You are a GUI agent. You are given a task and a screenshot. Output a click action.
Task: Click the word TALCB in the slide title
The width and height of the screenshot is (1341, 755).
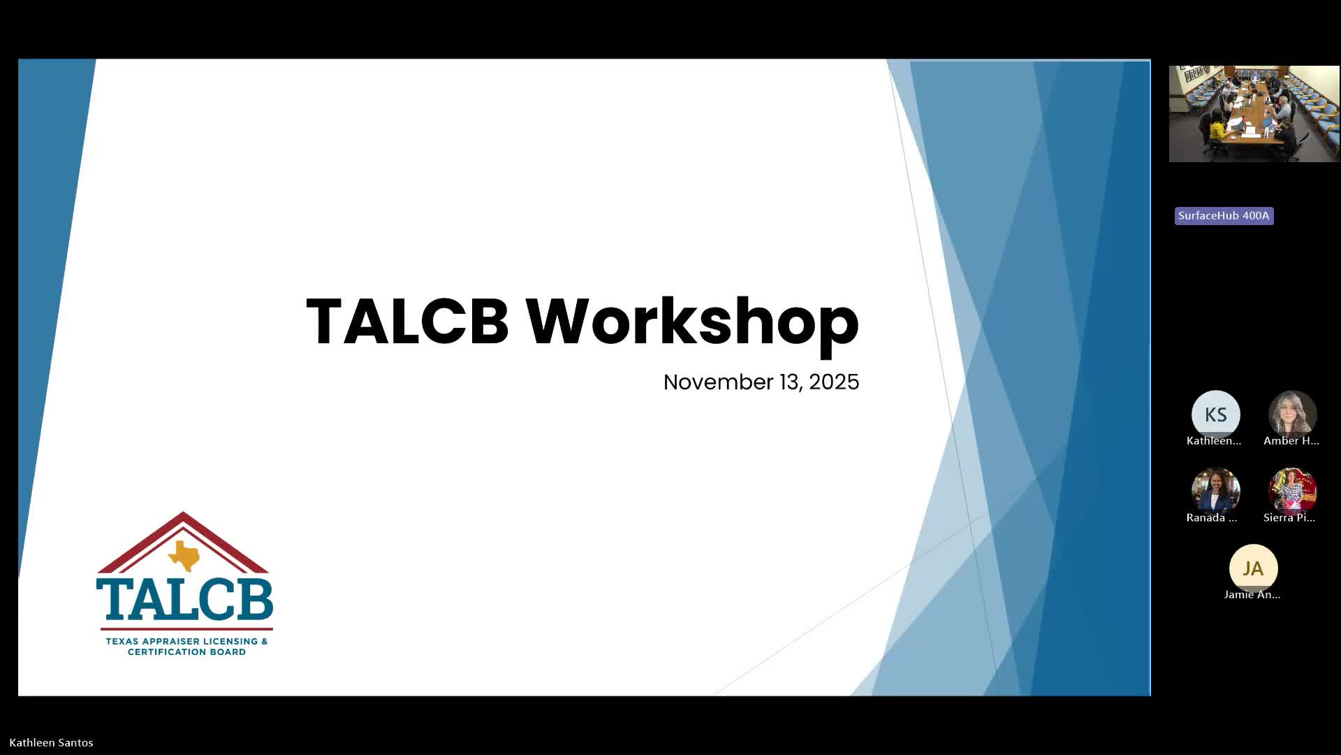407,321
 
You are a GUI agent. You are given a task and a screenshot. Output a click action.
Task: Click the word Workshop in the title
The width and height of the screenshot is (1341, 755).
692,322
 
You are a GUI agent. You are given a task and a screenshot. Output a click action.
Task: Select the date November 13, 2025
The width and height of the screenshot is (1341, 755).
761,382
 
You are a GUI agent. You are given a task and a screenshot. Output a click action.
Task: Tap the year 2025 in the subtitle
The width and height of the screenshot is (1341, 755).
834,382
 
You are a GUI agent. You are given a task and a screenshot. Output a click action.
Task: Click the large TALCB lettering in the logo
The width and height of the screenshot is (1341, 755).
184,599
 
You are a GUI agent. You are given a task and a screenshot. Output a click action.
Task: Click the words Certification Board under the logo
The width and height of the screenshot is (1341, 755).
186,652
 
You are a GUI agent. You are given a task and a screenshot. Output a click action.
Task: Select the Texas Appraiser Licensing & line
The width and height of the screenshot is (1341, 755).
186,641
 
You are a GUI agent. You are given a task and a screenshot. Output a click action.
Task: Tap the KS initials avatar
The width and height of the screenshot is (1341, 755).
1215,415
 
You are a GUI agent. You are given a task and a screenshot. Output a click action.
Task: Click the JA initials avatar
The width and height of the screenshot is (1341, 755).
1253,568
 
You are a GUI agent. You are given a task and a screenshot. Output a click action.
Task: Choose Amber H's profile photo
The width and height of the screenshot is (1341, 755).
1292,415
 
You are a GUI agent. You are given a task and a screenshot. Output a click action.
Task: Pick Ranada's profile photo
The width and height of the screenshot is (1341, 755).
1215,491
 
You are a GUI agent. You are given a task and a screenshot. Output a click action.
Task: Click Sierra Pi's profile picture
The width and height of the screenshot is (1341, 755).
1292,491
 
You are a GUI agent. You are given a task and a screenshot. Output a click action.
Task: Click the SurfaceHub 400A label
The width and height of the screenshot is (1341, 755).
1224,216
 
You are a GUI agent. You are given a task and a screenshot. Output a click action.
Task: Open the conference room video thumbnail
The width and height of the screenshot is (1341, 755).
1254,114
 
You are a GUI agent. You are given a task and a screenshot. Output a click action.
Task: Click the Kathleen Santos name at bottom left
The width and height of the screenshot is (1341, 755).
51,742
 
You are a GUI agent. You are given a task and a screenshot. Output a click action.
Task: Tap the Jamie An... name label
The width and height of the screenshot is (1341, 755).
1252,595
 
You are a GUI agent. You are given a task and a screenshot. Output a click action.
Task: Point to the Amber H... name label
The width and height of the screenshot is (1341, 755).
1291,441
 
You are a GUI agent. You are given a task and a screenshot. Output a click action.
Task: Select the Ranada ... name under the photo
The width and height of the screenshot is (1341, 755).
1212,518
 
